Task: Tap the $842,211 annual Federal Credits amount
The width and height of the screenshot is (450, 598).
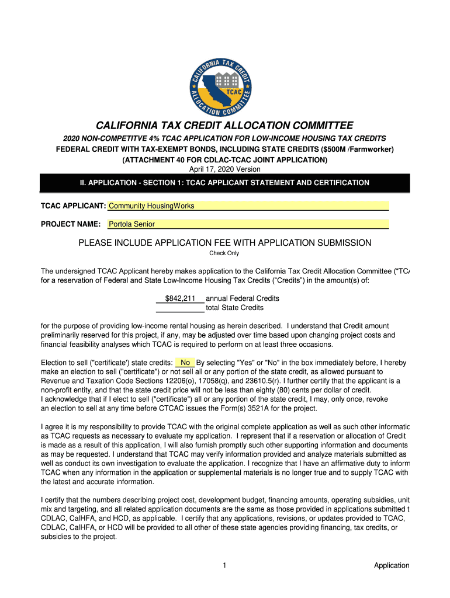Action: [180, 298]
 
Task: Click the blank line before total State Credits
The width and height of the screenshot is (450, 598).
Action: [180, 308]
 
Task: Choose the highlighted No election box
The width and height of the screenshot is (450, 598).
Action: [185, 362]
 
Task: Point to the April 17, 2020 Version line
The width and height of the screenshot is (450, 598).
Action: [224, 169]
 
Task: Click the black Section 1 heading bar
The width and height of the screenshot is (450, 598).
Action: [224, 183]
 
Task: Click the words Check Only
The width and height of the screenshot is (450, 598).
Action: [224, 253]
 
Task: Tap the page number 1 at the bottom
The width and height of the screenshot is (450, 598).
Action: [224, 565]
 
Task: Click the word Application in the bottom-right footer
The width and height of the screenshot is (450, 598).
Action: [392, 565]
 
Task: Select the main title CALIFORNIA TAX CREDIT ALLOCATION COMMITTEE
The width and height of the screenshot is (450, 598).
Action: [224, 126]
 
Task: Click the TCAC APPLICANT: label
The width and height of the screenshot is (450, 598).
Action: [72, 206]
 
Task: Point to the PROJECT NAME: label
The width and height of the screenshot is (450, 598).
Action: [71, 224]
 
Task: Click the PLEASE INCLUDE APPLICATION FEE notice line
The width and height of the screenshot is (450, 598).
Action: [224, 242]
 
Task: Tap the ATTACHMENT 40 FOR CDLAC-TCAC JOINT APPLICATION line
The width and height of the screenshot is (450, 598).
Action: [224, 159]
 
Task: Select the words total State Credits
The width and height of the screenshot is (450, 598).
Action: [235, 308]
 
